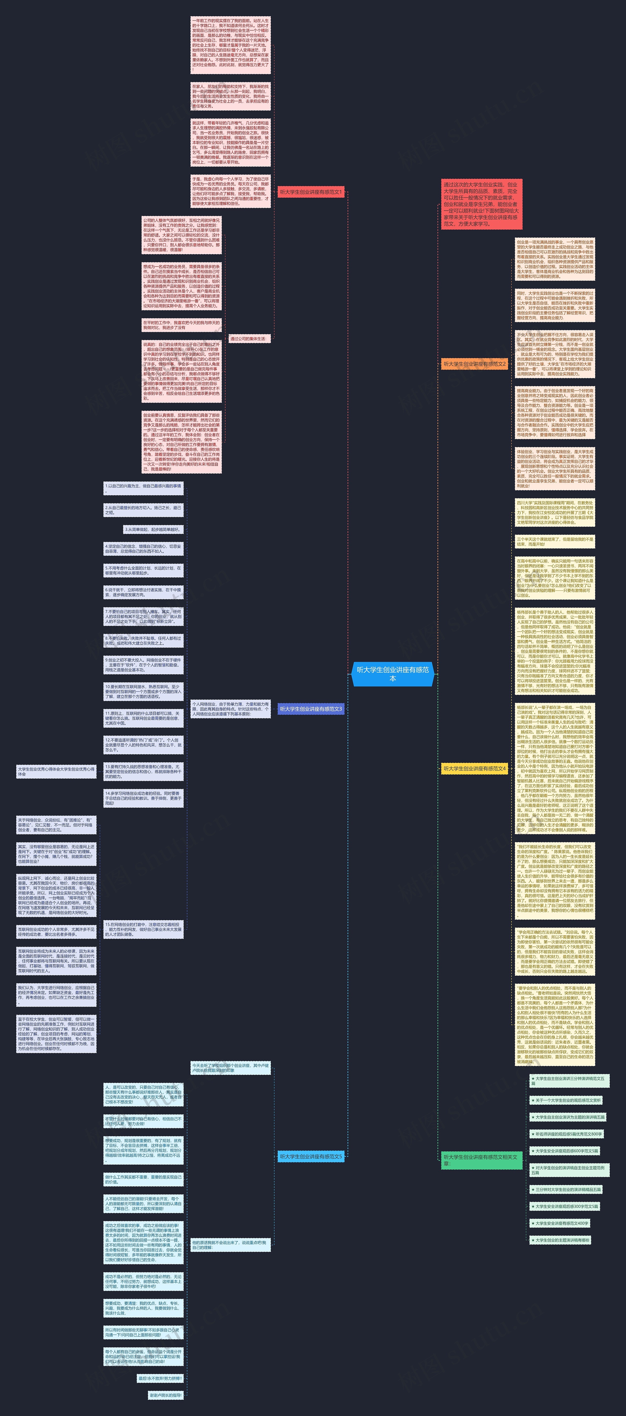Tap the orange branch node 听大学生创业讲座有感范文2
[x=474, y=364]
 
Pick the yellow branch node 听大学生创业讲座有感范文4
[x=474, y=769]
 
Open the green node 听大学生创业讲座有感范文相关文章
[x=481, y=1160]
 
